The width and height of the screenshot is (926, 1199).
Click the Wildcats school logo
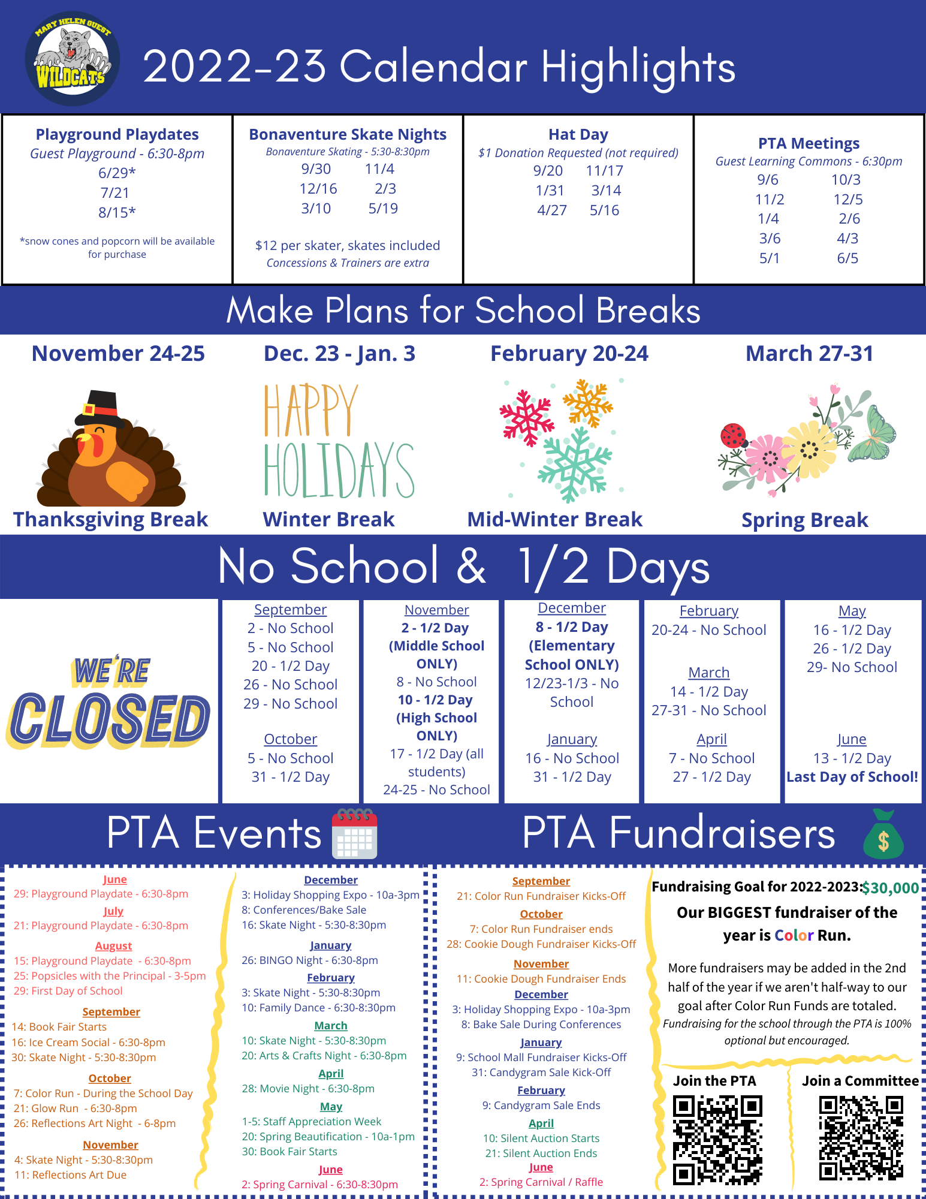click(73, 59)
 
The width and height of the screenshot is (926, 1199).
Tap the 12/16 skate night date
click(318, 189)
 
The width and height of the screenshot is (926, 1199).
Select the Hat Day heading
click(578, 134)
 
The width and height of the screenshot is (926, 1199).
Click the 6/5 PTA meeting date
click(847, 258)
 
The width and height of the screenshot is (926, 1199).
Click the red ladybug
click(733, 435)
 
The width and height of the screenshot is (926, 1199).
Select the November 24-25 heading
click(118, 354)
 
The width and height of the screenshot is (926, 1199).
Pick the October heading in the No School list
click(291, 739)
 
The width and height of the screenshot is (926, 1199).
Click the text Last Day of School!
click(852, 777)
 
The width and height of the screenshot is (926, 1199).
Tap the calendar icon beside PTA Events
click(355, 834)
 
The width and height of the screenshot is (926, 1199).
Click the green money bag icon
click(883, 835)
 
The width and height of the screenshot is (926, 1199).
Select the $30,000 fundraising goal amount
click(890, 888)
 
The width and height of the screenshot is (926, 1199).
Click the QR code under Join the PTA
click(717, 1139)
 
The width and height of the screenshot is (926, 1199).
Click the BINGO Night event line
click(310, 960)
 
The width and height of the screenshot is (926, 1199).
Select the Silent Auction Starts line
click(541, 1138)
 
